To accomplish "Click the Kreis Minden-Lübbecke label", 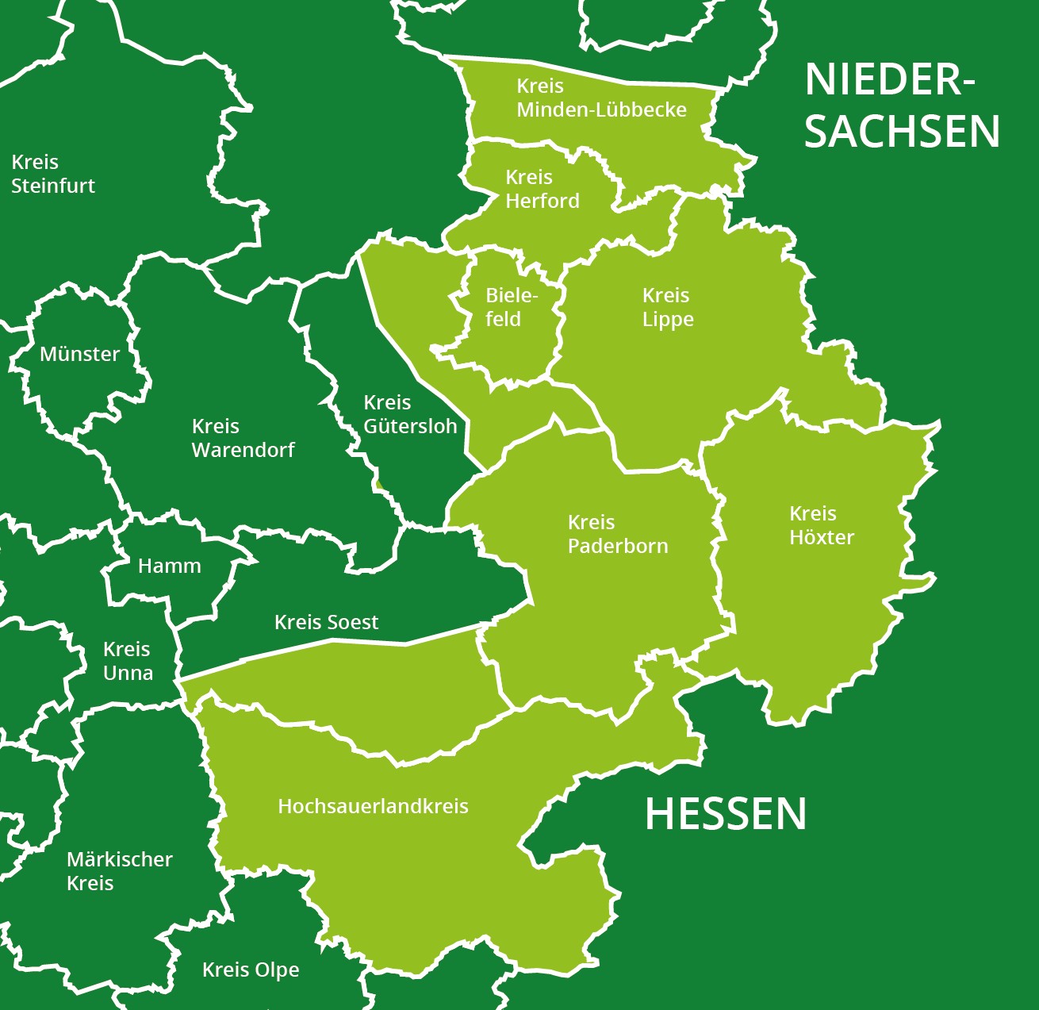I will pyautogui.click(x=601, y=98).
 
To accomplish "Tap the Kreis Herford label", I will pyautogui.click(x=543, y=189).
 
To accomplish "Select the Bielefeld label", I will pyautogui.click(x=512, y=307).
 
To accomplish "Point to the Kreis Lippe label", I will pyautogui.click(x=668, y=307).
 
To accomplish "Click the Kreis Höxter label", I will pyautogui.click(x=821, y=525).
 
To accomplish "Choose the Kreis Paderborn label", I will pyautogui.click(x=618, y=534).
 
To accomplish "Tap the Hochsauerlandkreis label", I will pyautogui.click(x=373, y=806).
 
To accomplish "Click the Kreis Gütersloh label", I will pyautogui.click(x=410, y=414).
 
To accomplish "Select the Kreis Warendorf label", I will pyautogui.click(x=243, y=438).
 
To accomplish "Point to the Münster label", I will pyautogui.click(x=79, y=354).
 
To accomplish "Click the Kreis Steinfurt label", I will pyautogui.click(x=53, y=174).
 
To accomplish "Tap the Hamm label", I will pyautogui.click(x=169, y=566).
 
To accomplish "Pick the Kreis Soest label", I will pyautogui.click(x=326, y=622).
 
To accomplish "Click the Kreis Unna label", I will pyautogui.click(x=128, y=661).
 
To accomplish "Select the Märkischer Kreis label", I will pyautogui.click(x=119, y=871).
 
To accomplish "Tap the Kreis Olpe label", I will pyautogui.click(x=251, y=970).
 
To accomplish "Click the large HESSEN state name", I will pyautogui.click(x=725, y=814).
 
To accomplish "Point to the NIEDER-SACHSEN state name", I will pyautogui.click(x=901, y=106).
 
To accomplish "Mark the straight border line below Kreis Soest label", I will pyautogui.click(x=333, y=650).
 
